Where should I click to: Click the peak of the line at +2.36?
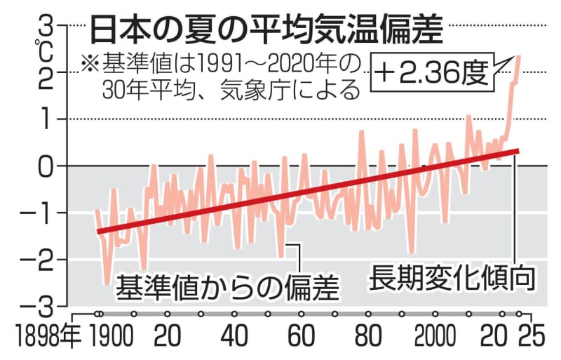tap(518, 55)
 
